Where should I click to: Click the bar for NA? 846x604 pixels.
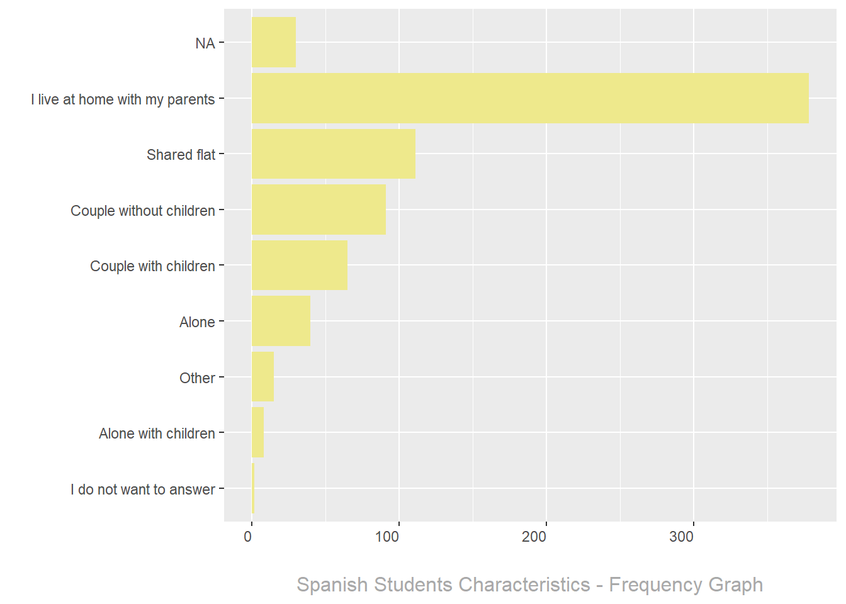tap(273, 43)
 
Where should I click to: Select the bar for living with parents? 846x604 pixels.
tap(529, 98)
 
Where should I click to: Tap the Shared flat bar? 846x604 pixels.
tap(333, 154)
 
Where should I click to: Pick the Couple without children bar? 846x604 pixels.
tap(319, 210)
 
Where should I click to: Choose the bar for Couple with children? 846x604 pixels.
tap(299, 266)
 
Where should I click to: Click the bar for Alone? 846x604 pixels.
tap(281, 321)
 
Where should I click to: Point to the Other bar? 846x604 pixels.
tap(262, 377)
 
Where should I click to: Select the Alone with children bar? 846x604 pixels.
tap(257, 432)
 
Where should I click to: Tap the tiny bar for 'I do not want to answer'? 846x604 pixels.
tap(253, 488)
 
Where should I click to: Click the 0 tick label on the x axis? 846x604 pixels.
tap(248, 537)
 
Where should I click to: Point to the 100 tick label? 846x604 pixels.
tap(387, 537)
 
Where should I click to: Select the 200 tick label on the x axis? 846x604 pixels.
tap(534, 537)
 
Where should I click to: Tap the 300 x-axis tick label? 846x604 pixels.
tap(682, 537)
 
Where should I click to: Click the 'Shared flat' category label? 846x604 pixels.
tap(181, 155)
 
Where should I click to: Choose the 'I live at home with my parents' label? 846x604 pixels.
tap(123, 99)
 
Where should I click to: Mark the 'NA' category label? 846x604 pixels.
tap(205, 43)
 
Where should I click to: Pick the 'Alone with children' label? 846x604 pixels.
tap(157, 433)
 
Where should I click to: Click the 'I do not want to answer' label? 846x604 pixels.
tap(143, 489)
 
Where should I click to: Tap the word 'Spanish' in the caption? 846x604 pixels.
tap(332, 585)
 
